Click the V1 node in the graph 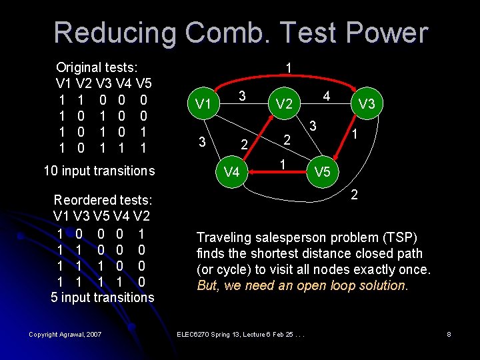pos(203,105)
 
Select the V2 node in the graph pos(285,104)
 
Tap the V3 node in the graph pos(367,104)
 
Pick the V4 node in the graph pos(231,172)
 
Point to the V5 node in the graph pos(323,172)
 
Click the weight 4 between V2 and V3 pos(327,96)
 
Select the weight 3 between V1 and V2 pos(243,96)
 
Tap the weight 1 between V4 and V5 pos(283,164)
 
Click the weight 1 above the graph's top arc pos(288,68)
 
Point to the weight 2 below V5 pos(355,195)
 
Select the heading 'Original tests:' pos(97,67)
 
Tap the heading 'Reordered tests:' pos(103,200)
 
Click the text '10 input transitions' pos(99,171)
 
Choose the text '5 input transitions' pos(103,297)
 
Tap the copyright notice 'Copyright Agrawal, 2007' pos(65,334)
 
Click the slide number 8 pos(449,334)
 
